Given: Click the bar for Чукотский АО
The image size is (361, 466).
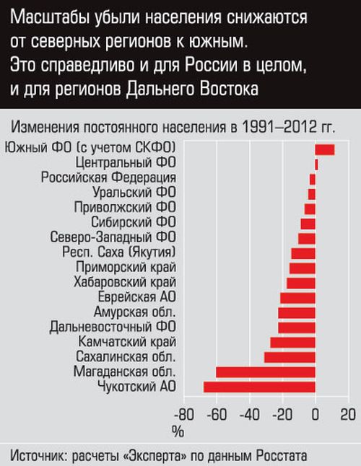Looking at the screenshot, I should pyautogui.click(x=259, y=387).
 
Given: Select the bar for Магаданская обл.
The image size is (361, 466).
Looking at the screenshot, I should pyautogui.click(x=266, y=372).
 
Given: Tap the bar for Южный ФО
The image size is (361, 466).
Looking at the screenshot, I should pyautogui.click(x=325, y=149).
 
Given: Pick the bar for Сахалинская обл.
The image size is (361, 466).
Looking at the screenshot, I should pyautogui.click(x=290, y=357).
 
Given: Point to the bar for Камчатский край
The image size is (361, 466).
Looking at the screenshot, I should pyautogui.click(x=292, y=342).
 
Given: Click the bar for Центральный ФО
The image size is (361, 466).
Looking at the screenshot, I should pyautogui.click(x=317, y=164).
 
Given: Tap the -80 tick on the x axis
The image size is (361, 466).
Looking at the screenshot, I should pyautogui.click(x=184, y=415).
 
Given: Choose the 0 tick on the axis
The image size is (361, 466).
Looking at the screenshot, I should pyautogui.click(x=316, y=415).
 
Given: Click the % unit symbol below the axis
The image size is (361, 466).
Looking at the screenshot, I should pyautogui.click(x=177, y=431).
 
